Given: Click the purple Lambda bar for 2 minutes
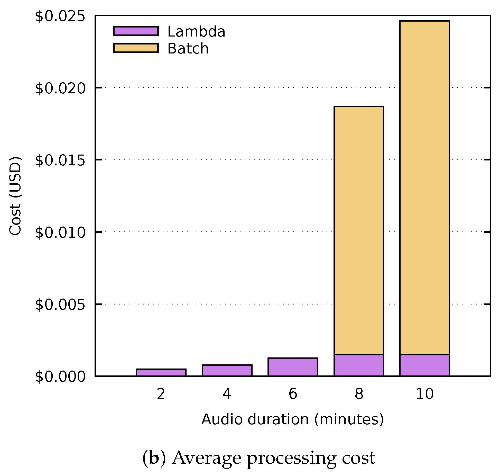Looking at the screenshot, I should coord(161,373).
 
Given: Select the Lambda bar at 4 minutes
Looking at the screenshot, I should coord(227,370).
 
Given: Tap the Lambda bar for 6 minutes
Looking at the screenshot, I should coord(293,367).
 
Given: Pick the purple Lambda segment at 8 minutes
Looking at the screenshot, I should coord(359,365).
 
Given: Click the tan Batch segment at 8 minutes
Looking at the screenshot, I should coord(359,230).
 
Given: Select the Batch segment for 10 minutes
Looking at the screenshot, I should coord(424,188).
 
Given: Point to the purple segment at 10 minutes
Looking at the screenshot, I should coord(424,365).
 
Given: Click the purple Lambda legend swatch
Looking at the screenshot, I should coord(136,31).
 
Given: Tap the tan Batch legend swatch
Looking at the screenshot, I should coord(136,48).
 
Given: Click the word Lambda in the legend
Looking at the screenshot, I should coord(196,32).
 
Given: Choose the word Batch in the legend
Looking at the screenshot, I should coord(188,49).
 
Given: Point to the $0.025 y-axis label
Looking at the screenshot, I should coord(60,16).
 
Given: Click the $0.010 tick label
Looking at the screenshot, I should coord(60,233).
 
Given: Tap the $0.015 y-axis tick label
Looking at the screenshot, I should coord(60,161).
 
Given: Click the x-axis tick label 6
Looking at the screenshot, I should coord(293,394).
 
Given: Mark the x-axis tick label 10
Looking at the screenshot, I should coord(424,394).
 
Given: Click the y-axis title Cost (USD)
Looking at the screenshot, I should coord(15,196).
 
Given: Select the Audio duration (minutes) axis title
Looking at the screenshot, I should coord(292,419).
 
